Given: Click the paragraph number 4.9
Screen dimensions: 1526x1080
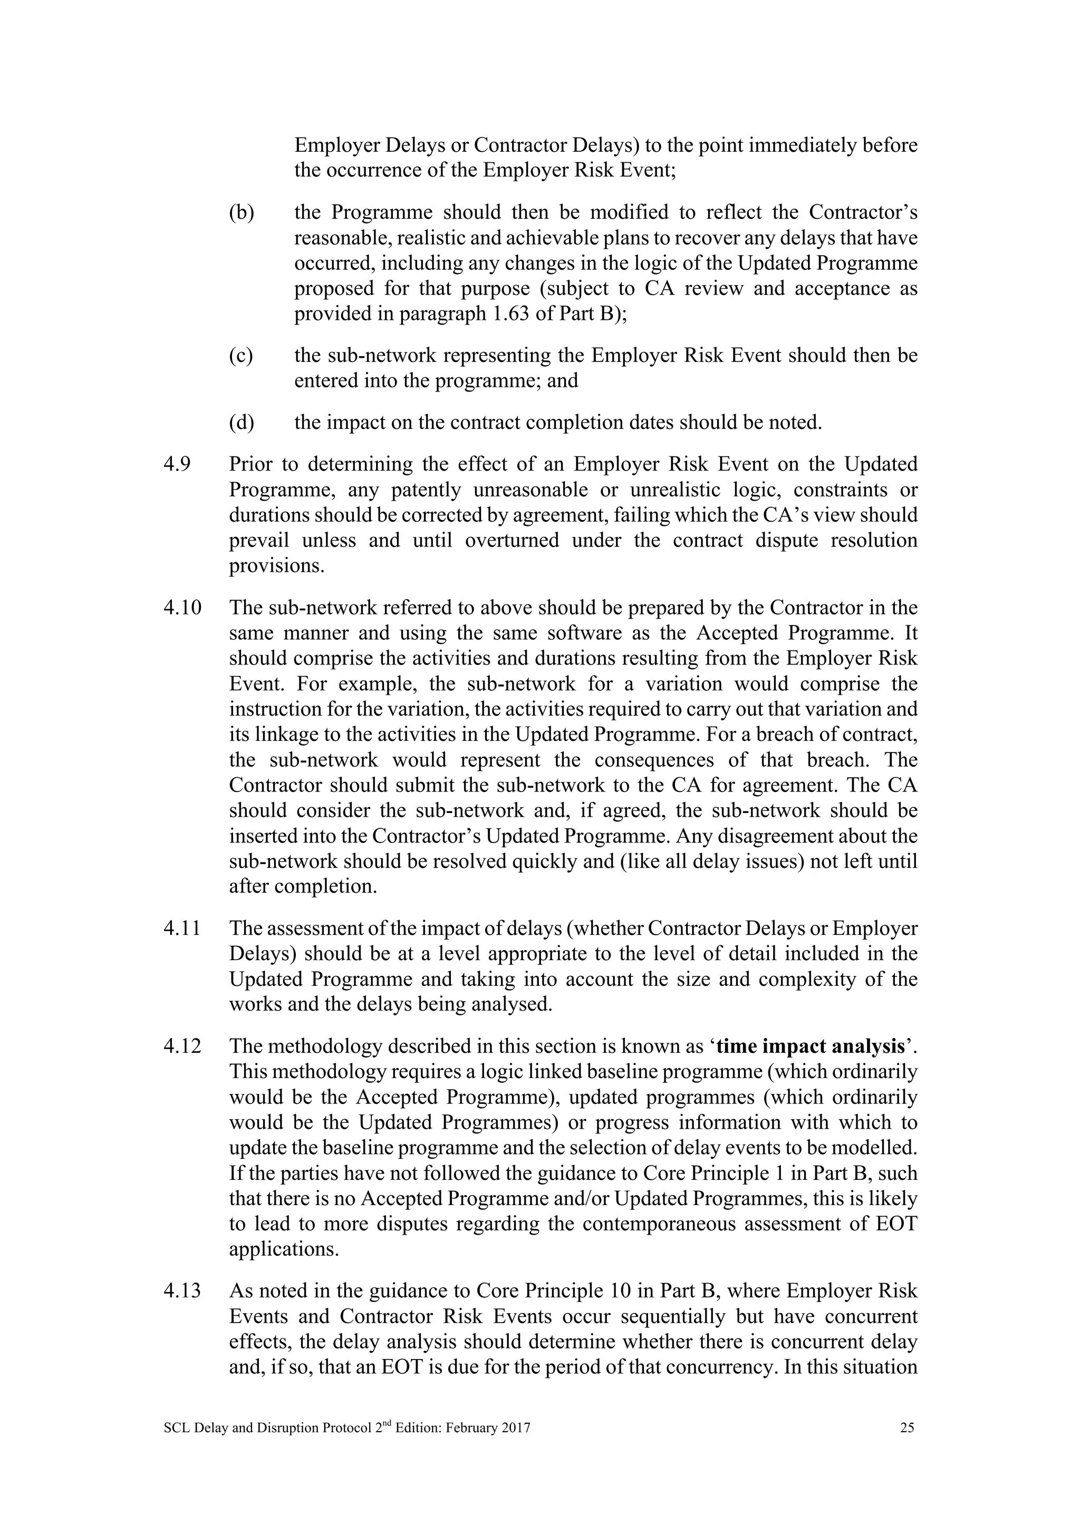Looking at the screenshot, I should (176, 464).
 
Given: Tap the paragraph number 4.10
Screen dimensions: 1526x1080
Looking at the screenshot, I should (181, 608).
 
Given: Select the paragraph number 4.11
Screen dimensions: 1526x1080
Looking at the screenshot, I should (181, 928).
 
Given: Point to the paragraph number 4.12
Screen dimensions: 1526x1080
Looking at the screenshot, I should (181, 1047).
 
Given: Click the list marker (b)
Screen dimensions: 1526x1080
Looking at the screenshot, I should (242, 213).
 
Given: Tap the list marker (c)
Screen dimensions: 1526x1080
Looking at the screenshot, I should (241, 356).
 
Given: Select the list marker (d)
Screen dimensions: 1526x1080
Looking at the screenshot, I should (242, 423).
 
